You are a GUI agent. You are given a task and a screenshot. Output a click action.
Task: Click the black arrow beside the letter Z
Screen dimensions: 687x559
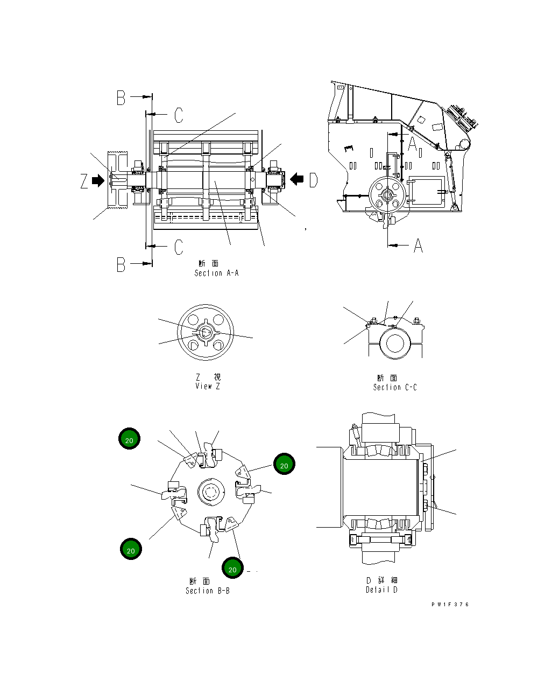point(98,180)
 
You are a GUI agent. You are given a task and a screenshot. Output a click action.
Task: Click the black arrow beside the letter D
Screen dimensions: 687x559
point(296,179)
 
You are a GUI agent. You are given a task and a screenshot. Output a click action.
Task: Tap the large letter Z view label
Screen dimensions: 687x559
point(84,181)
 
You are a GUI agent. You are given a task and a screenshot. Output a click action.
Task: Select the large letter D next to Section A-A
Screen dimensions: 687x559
point(314,180)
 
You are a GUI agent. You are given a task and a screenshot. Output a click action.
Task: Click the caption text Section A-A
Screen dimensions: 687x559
point(216,273)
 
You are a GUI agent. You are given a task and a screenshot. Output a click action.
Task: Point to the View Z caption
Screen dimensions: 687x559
point(208,386)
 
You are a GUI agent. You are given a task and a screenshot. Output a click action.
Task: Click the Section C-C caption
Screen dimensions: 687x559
point(395,387)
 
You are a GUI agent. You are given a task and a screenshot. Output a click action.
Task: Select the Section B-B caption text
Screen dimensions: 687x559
point(207,591)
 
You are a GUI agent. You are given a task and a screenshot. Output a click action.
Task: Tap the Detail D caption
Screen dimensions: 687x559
point(381,590)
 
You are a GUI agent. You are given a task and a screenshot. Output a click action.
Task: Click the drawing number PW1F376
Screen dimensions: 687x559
point(450,604)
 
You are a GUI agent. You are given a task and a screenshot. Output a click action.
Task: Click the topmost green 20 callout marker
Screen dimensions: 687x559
point(130,439)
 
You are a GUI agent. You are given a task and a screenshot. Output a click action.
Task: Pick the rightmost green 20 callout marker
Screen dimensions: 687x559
point(284,464)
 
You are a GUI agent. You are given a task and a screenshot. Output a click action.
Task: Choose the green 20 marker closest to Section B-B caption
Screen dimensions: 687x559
point(232,568)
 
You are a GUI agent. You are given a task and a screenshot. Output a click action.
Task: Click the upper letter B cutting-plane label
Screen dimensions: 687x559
point(122,97)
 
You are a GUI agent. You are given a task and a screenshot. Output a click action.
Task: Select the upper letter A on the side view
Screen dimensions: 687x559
point(413,144)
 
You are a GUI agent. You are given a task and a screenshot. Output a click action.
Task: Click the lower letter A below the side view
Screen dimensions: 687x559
point(418,246)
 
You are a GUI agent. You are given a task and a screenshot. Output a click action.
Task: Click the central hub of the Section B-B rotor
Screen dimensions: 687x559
point(209,492)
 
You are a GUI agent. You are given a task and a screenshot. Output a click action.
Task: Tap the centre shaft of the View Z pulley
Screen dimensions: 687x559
point(206,333)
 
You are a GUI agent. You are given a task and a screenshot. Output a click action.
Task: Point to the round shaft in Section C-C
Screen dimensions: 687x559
point(395,343)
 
